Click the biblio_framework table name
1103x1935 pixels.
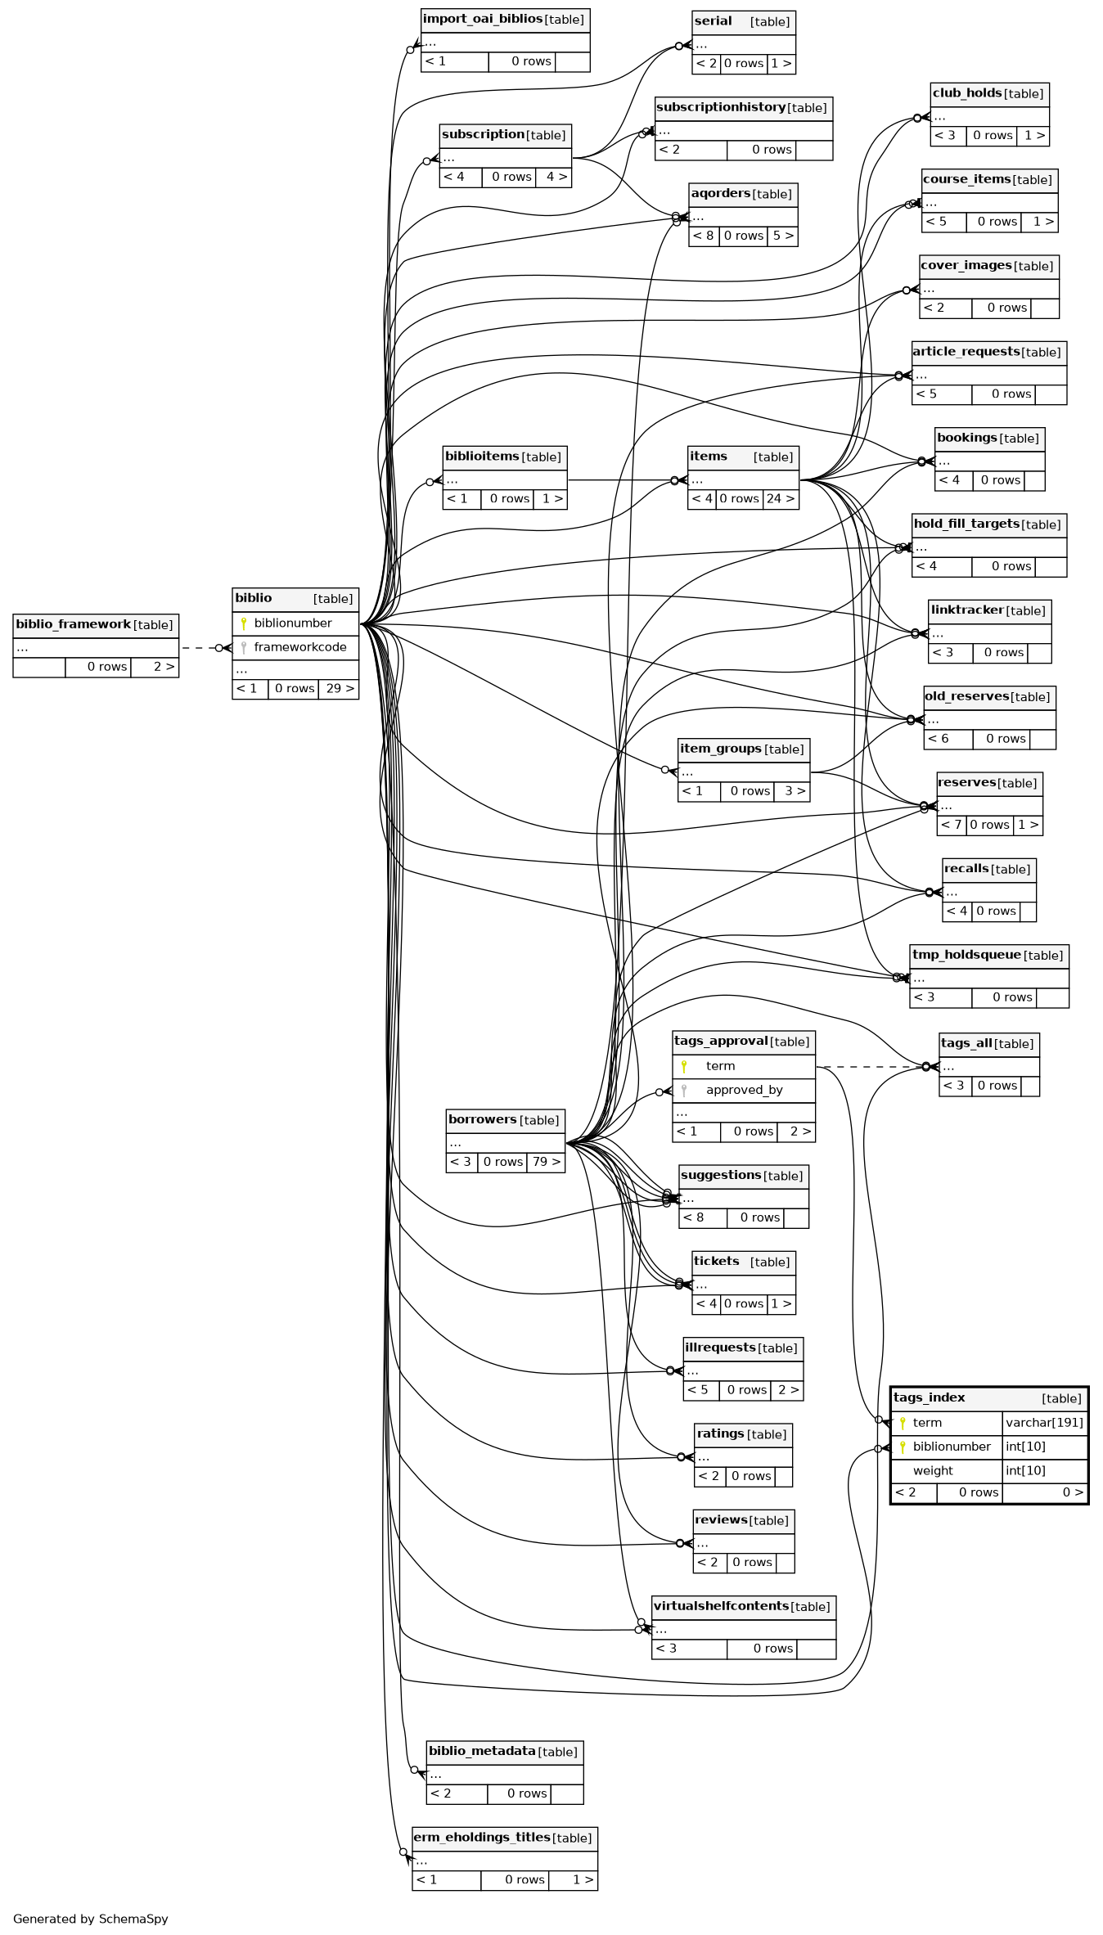[73, 624]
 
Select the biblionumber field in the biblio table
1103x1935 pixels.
[292, 623]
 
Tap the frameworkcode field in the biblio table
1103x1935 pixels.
[299, 647]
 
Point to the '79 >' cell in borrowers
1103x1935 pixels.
[546, 1161]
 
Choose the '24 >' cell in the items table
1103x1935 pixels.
[781, 498]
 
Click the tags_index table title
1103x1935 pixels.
[929, 1397]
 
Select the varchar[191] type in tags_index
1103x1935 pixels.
[1044, 1422]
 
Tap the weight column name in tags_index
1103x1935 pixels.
[933, 1470]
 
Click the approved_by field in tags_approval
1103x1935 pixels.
[744, 1090]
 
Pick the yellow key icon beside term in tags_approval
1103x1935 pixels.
[684, 1066]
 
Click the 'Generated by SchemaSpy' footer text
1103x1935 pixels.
[90, 1918]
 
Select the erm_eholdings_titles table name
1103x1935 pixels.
[481, 1837]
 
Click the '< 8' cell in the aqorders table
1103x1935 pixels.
[703, 236]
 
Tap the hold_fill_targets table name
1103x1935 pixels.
[966, 524]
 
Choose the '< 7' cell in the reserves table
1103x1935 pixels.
[951, 825]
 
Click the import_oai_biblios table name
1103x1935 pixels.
[483, 19]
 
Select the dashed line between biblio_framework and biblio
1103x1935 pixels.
[197, 648]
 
